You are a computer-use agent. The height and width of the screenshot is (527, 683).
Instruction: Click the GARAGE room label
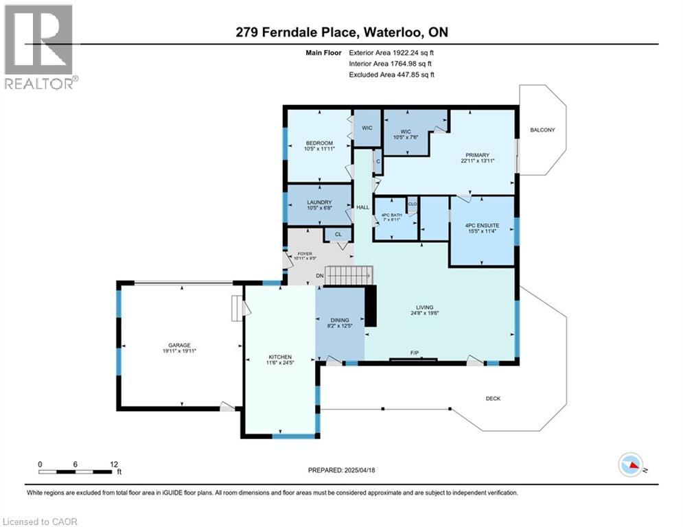pos(176,345)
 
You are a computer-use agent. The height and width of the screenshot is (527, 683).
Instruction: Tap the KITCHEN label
pos(280,357)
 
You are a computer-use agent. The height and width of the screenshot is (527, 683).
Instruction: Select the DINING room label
pos(340,320)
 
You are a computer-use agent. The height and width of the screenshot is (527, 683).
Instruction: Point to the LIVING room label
pos(426,307)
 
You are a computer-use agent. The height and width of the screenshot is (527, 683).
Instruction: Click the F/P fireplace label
pos(415,353)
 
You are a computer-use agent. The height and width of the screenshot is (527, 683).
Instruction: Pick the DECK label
pos(493,398)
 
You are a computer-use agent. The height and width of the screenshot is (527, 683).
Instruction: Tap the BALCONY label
pos(542,130)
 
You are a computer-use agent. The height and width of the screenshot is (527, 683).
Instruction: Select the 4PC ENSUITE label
pos(482,225)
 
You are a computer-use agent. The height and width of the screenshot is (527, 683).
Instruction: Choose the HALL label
pos(362,207)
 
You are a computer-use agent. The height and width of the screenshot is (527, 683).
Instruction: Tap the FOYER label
pos(303,254)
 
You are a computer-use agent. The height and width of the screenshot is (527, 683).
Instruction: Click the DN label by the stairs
pos(319,276)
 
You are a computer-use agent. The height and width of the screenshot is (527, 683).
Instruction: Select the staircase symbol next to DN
pos(349,276)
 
